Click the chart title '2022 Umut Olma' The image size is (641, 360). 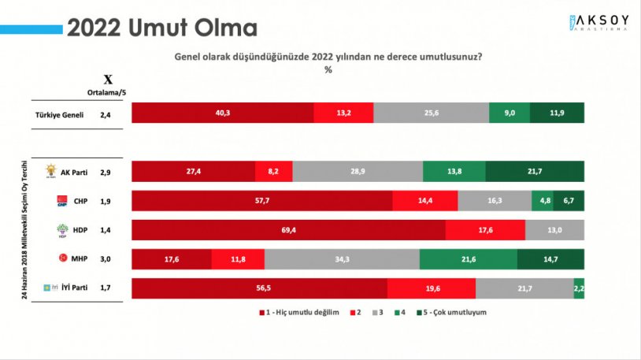(x=161, y=28)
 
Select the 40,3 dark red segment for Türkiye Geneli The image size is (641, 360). (x=222, y=113)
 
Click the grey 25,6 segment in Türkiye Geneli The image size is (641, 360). (x=431, y=113)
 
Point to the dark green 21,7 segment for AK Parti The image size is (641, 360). (x=535, y=171)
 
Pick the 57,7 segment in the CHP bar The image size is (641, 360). (x=261, y=201)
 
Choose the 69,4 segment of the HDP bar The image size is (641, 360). (x=288, y=230)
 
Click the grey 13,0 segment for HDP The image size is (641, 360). (x=554, y=230)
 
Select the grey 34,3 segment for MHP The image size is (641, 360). (x=342, y=259)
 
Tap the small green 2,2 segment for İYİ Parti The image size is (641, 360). (x=579, y=288)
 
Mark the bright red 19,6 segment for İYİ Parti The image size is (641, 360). (x=431, y=288)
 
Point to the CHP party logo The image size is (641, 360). (x=62, y=201)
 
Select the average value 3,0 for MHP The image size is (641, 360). (x=105, y=259)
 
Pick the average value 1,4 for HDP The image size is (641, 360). (x=105, y=230)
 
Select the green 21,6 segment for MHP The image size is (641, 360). (x=468, y=259)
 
